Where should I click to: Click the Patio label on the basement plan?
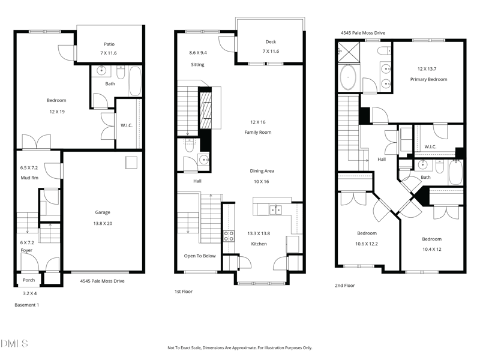[x=109, y=44]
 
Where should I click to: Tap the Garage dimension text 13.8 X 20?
[x=102, y=223]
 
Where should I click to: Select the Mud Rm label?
[x=29, y=178]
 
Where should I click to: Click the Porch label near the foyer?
[x=29, y=280]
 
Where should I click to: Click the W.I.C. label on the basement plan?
[x=127, y=125]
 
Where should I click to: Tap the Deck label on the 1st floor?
[x=271, y=41]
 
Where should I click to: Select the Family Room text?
[x=258, y=131]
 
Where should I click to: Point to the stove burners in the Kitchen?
[x=229, y=236]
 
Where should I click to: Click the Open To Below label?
[x=200, y=256]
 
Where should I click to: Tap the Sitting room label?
[x=197, y=64]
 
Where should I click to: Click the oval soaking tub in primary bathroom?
[x=348, y=78]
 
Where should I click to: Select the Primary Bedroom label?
[x=428, y=79]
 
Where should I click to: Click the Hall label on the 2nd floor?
[x=382, y=160]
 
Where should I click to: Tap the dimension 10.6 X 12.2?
[x=367, y=243]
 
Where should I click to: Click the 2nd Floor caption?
[x=345, y=286]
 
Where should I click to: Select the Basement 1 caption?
[x=26, y=305]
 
